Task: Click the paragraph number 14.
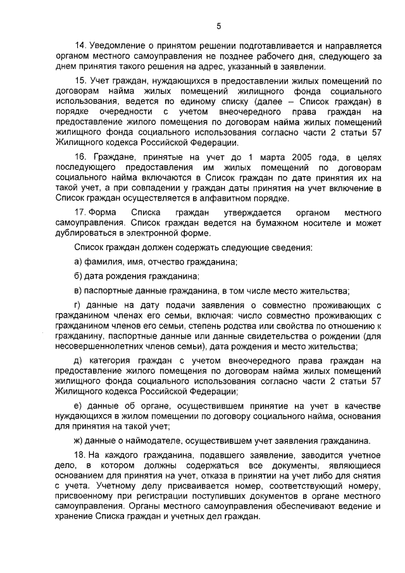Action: point(80,46)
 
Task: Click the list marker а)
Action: point(78,261)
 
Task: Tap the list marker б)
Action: point(78,277)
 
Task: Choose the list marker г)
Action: point(78,306)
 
